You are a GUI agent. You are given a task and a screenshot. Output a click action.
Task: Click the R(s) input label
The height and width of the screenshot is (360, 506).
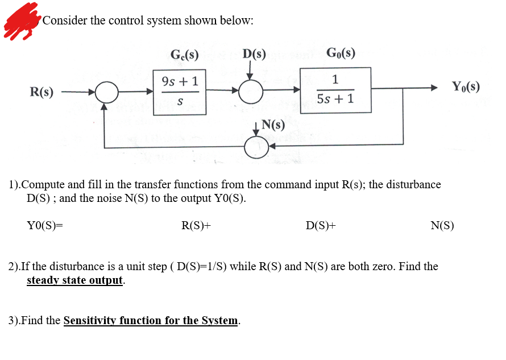(42, 92)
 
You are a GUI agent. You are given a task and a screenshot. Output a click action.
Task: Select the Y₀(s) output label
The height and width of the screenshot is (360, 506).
(465, 87)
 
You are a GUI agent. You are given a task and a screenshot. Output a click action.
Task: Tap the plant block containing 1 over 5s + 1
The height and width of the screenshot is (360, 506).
(335, 90)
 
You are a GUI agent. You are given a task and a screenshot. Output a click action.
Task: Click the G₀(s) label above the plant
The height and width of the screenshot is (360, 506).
(341, 53)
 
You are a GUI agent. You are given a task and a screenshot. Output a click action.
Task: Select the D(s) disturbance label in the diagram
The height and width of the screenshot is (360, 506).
(254, 55)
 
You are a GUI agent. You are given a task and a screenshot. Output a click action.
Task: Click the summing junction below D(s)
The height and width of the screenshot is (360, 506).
(250, 90)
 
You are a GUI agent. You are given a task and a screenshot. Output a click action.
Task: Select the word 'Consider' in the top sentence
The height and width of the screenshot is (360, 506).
(65, 20)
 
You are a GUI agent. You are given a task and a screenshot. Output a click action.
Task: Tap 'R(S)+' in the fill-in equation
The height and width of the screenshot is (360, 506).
(196, 225)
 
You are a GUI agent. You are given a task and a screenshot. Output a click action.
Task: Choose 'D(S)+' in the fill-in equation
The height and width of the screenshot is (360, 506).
(320, 225)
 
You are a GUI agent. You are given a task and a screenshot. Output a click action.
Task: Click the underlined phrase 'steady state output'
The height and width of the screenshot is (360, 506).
(75, 280)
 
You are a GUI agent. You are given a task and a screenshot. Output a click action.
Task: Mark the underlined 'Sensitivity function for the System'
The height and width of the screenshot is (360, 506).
(151, 320)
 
